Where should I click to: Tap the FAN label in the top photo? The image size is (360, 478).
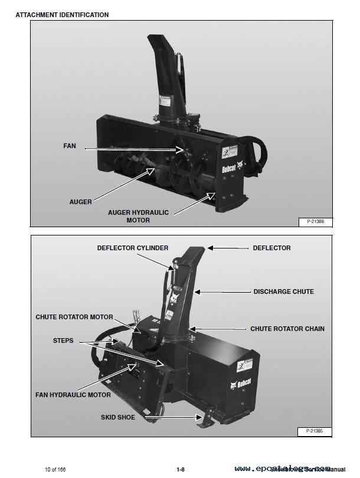tap(70, 145)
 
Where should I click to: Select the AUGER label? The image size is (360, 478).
tap(80, 202)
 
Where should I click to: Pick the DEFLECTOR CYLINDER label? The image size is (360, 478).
tap(133, 248)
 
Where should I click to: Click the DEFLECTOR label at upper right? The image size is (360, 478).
tap(272, 248)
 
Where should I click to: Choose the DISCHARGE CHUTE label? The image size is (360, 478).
tap(283, 292)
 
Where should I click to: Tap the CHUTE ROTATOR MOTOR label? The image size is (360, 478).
tap(74, 317)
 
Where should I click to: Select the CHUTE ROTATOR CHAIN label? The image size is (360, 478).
tap(287, 329)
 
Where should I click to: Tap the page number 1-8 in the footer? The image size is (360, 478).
tap(181, 469)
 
